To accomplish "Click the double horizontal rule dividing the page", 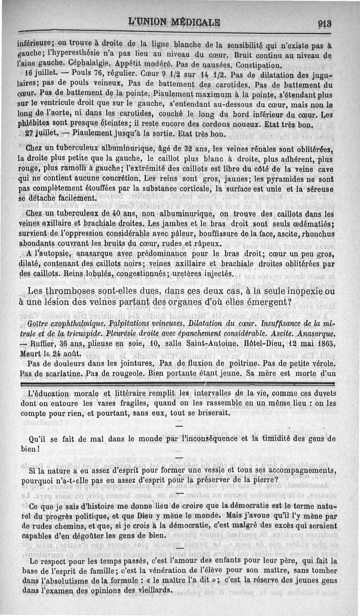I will pos(180,383).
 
